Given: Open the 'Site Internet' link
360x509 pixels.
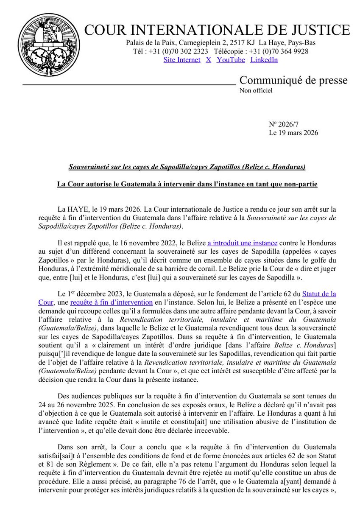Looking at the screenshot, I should tap(181, 60).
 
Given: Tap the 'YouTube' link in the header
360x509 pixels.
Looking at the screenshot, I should tap(231, 60).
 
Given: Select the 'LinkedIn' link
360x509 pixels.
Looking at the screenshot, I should tap(264, 60).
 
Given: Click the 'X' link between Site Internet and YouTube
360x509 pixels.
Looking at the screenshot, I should tap(208, 60).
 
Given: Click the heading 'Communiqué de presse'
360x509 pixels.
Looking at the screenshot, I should tap(293, 80).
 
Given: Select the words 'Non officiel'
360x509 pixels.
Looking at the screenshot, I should tap(256, 90).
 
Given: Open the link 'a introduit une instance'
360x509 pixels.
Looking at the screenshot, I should tap(242, 243).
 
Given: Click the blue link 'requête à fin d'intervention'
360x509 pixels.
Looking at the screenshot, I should tap(123, 302).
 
